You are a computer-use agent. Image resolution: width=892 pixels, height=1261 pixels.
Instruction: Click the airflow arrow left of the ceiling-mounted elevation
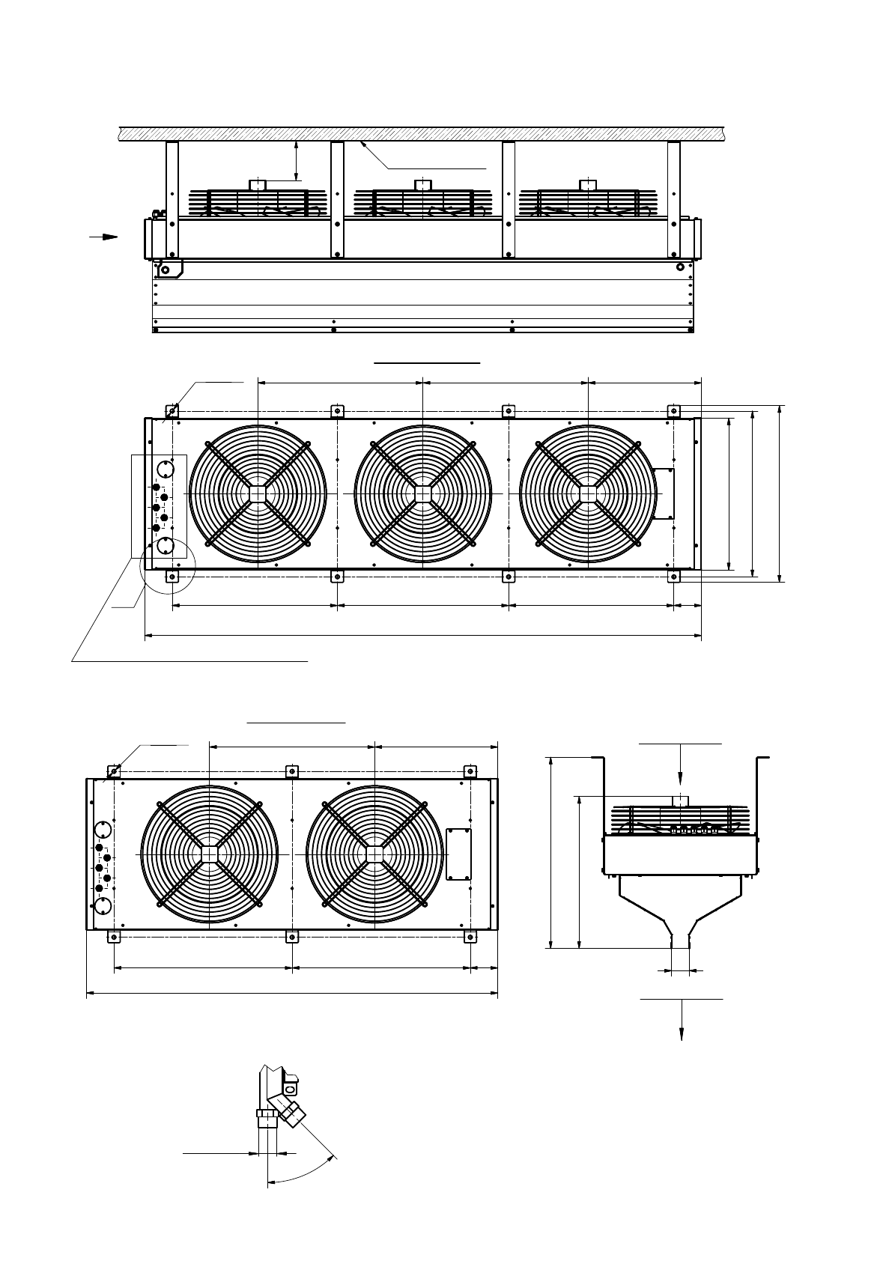tap(105, 237)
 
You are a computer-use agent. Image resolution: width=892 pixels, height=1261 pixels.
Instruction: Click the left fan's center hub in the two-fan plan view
tap(209, 854)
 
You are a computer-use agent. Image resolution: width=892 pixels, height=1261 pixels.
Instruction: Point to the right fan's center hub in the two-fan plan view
tap(374, 854)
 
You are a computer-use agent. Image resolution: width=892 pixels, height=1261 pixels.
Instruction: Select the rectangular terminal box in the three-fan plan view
tap(664, 493)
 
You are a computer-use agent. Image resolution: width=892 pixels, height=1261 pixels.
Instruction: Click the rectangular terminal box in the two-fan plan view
tap(458, 854)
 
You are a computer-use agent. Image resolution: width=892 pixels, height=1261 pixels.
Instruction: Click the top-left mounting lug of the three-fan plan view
tap(172, 410)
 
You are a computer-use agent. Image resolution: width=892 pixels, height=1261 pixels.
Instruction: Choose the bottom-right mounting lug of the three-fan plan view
tap(673, 576)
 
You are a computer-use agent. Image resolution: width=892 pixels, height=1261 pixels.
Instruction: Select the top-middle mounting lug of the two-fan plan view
tap(292, 771)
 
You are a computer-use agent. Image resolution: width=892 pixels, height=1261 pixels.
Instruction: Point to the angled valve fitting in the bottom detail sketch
tap(290, 1110)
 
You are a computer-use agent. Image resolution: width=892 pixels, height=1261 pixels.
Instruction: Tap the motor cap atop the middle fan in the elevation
tap(423, 184)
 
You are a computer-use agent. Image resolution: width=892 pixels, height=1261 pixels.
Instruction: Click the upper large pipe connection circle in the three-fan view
tap(166, 471)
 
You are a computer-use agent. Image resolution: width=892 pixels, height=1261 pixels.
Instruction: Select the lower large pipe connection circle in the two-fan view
tap(103, 906)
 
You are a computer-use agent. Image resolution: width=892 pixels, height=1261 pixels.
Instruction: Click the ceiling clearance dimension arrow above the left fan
tap(297, 161)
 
